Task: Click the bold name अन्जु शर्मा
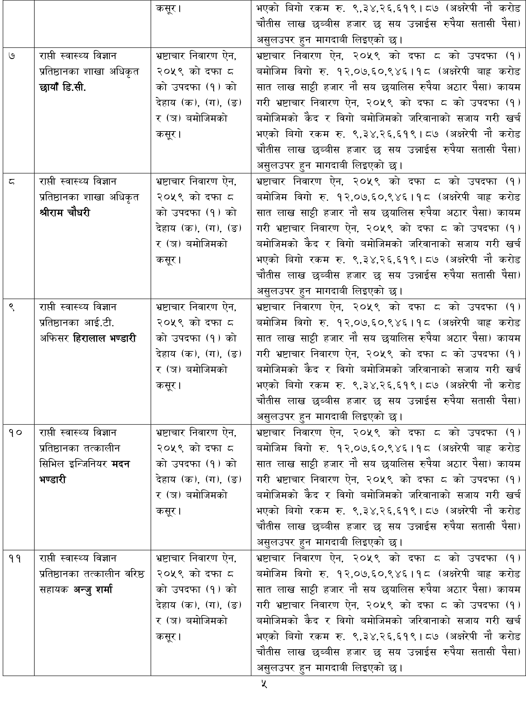[x=93, y=590]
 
